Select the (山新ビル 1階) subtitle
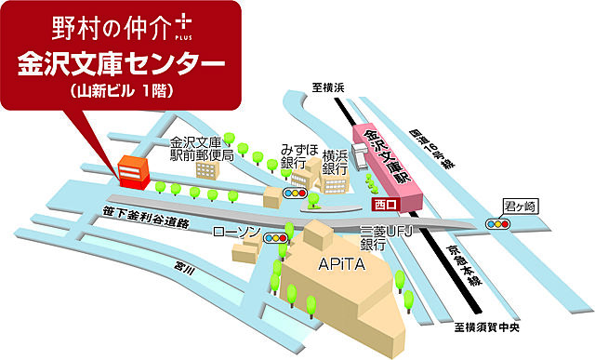(x=122, y=92)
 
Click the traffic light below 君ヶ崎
(x=499, y=224)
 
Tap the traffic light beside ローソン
(x=276, y=239)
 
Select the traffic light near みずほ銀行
(x=297, y=193)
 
